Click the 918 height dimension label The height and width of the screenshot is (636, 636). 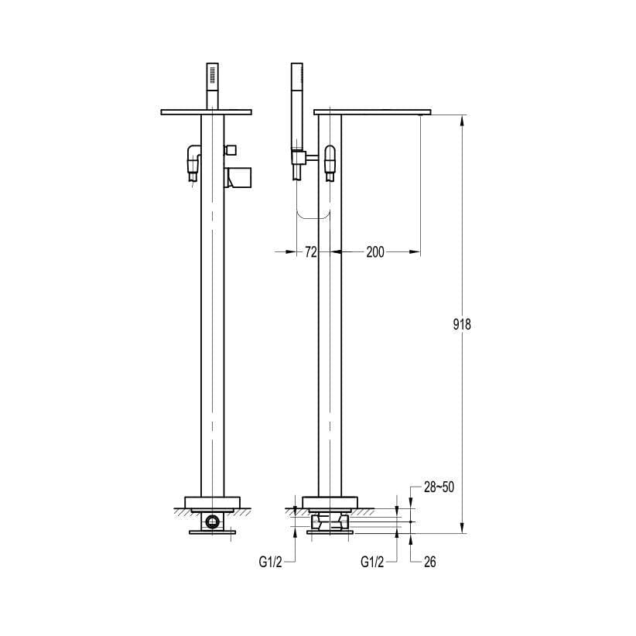(461, 324)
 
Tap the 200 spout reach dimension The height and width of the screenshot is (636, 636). (375, 251)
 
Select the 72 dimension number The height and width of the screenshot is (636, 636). (311, 251)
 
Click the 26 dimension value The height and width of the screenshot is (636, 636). (429, 562)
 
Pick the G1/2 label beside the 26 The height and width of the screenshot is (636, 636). (374, 562)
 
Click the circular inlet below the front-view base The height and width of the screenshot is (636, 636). (210, 522)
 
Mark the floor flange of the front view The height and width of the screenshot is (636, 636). (212, 501)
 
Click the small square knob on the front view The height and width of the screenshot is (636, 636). (231, 149)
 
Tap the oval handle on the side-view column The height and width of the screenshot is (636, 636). (330, 159)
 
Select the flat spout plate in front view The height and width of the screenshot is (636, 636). (207, 112)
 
